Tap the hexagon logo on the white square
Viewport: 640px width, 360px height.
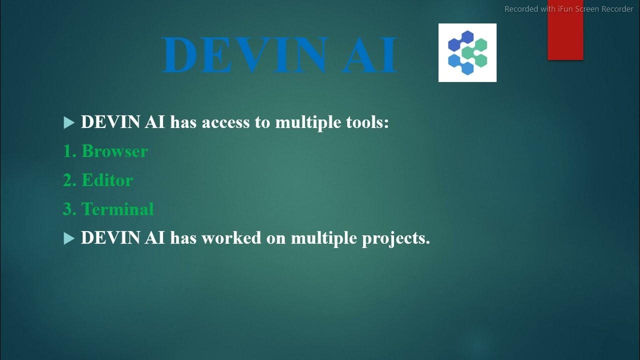(467, 52)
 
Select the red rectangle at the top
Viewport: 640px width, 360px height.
(565, 37)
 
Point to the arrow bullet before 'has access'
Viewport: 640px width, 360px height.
(69, 123)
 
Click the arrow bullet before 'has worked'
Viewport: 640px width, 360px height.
(69, 239)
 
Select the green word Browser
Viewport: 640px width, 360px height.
(114, 151)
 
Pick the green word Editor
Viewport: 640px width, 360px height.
(107, 180)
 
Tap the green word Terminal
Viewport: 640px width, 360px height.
(117, 209)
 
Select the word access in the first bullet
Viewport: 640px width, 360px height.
(225, 122)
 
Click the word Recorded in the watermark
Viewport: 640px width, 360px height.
(521, 9)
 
